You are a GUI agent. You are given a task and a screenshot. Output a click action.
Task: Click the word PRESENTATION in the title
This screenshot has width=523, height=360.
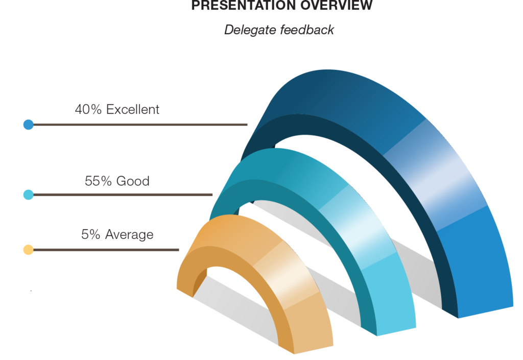pyautogui.click(x=244, y=5)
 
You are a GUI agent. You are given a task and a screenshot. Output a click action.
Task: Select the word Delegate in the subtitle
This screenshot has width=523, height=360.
pyautogui.click(x=250, y=30)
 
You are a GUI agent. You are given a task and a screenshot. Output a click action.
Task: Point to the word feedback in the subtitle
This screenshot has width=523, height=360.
pyautogui.click(x=307, y=30)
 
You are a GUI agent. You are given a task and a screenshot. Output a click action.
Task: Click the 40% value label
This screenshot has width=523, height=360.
pyautogui.click(x=88, y=109)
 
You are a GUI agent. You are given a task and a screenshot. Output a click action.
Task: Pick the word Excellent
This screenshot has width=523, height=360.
pyautogui.click(x=133, y=109)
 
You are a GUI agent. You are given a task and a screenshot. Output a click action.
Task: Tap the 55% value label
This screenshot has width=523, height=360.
pyautogui.click(x=98, y=181)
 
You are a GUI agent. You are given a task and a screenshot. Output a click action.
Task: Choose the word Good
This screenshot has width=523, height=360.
pyautogui.click(x=133, y=181)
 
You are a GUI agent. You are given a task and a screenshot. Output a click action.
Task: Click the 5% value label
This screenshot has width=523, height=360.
pyautogui.click(x=91, y=234)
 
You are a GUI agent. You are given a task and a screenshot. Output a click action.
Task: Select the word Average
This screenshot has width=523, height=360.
pyautogui.click(x=129, y=235)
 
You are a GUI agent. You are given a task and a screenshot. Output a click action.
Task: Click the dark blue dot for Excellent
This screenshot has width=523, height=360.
pyautogui.click(x=29, y=125)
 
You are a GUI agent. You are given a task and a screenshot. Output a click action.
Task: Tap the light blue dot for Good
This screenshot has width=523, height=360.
pyautogui.click(x=29, y=195)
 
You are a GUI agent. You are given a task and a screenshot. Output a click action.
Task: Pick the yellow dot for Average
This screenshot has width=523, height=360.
pyautogui.click(x=29, y=250)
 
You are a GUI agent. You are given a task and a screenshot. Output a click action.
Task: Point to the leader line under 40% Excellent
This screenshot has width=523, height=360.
pyautogui.click(x=140, y=125)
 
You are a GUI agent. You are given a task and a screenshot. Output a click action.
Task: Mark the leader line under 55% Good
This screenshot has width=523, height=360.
pyautogui.click(x=123, y=195)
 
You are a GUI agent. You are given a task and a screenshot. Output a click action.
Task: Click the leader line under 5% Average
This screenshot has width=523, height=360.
pyautogui.click(x=106, y=250)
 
